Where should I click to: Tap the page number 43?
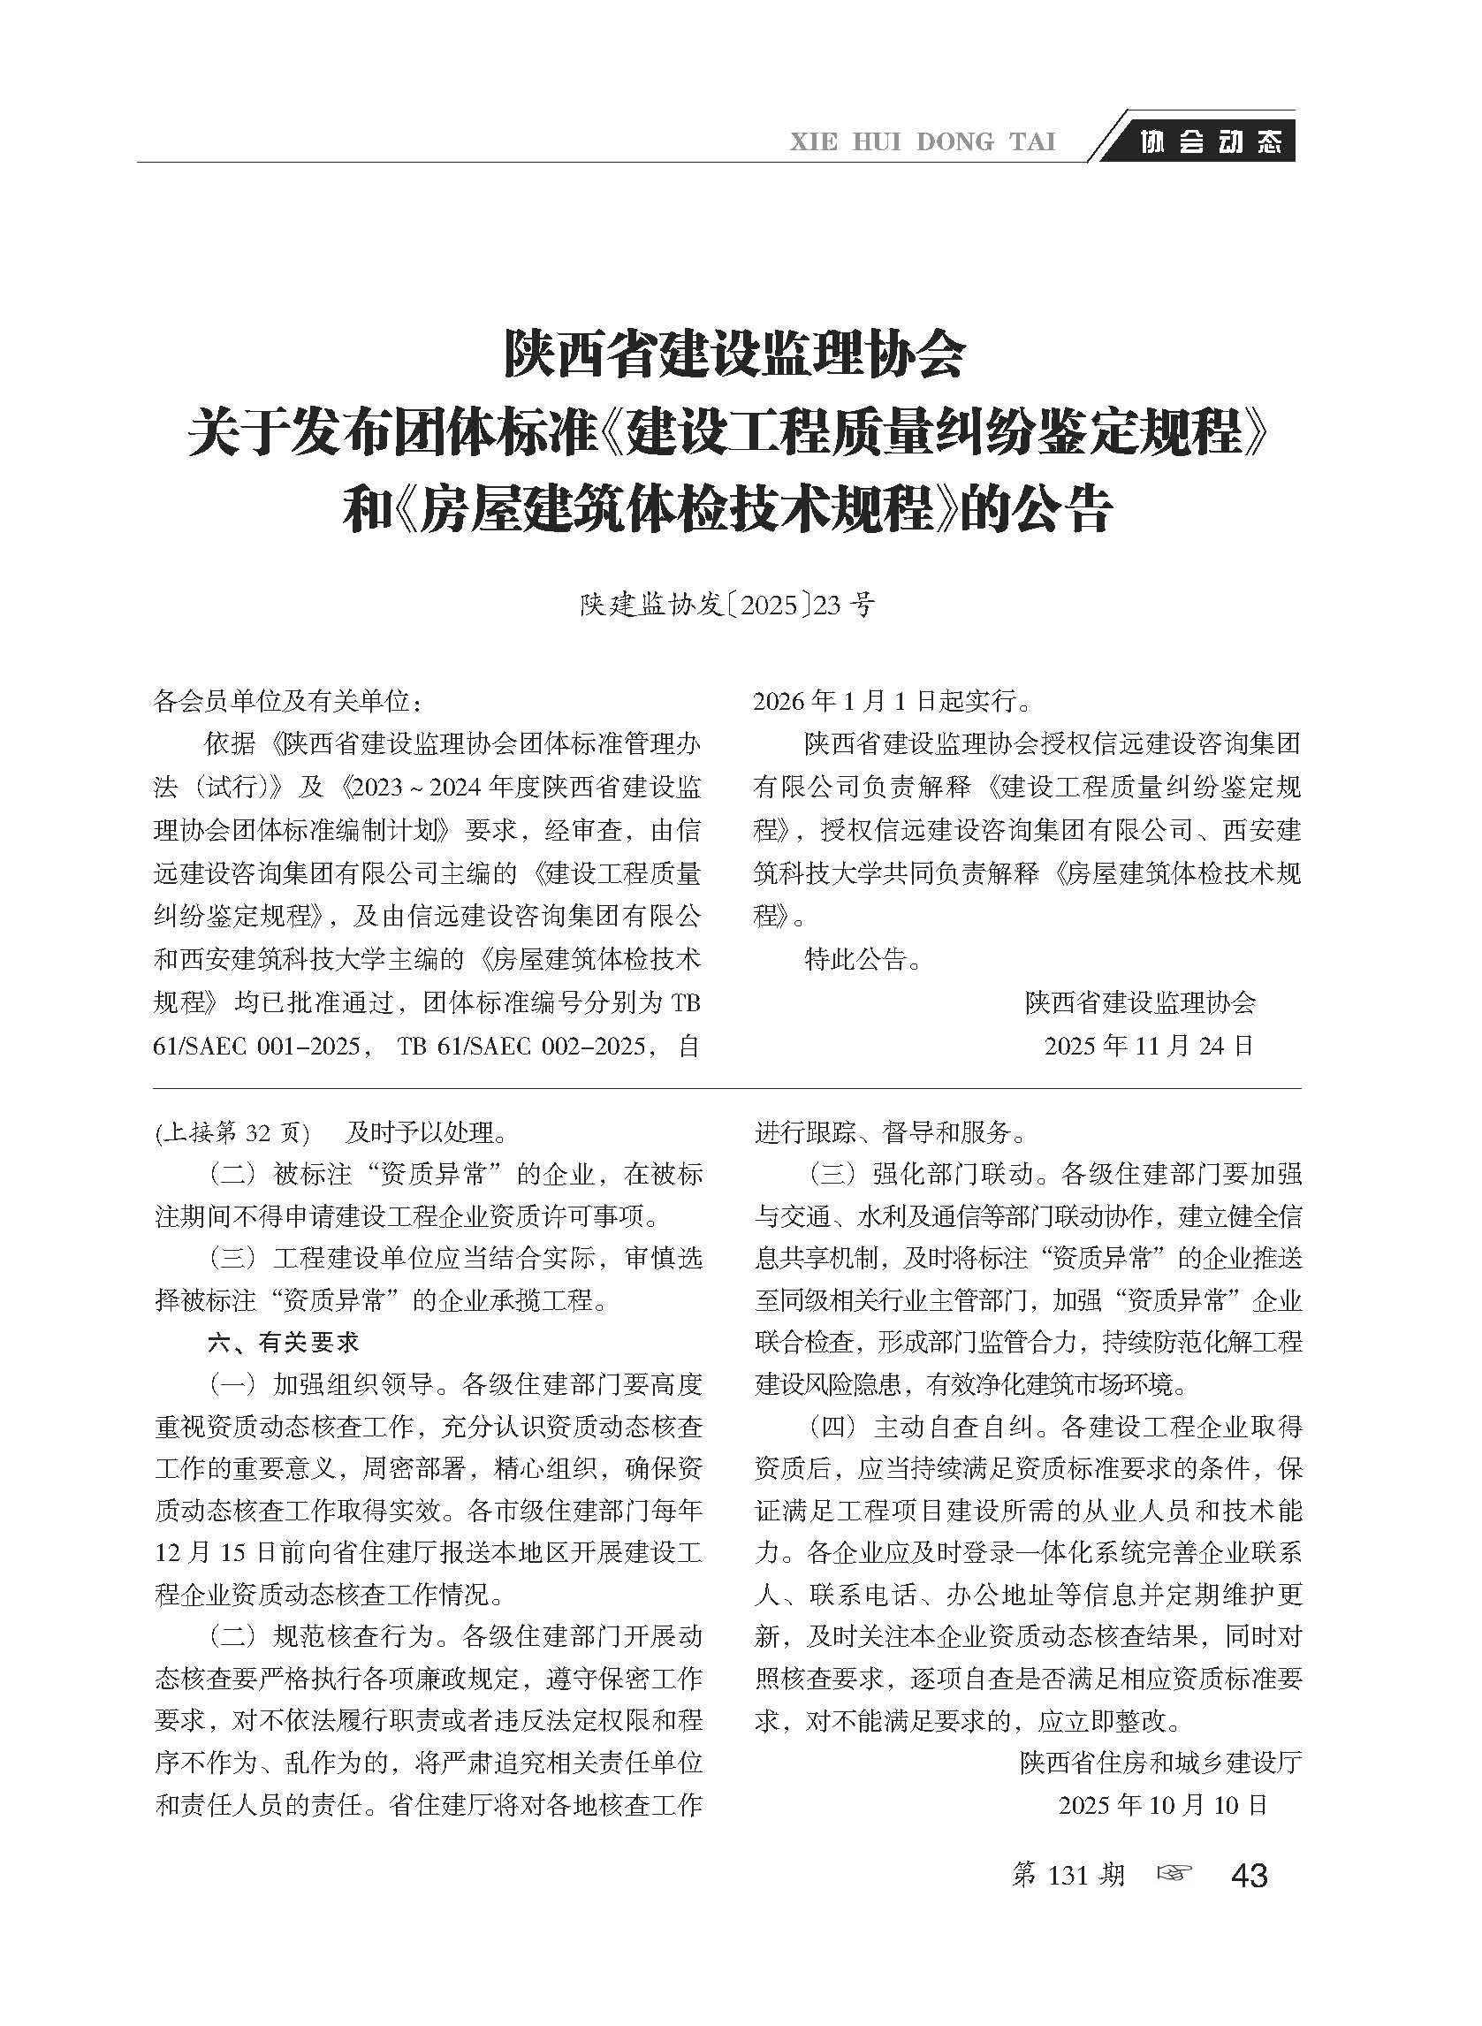[1250, 1876]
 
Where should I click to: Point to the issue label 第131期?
[1068, 1875]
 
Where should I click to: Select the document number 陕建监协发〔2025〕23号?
[726, 606]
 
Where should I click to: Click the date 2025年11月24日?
[1148, 1046]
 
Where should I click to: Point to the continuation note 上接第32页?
[232, 1132]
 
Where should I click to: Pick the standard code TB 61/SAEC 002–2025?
[521, 1047]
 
